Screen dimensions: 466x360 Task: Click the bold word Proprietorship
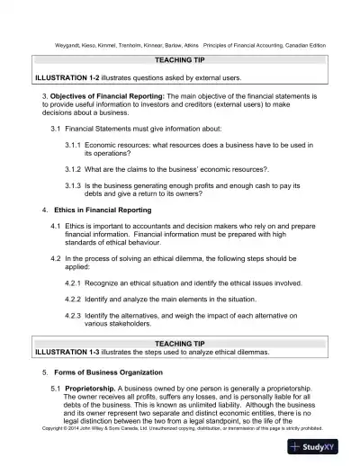pos(91,388)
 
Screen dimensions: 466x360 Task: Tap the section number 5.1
pos(56,388)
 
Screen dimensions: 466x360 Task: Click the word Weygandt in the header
pos(55,44)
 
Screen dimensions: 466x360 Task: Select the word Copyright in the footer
pos(55,428)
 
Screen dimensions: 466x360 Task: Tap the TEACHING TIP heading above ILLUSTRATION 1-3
pos(180,344)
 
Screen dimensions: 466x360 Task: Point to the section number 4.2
pos(56,258)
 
